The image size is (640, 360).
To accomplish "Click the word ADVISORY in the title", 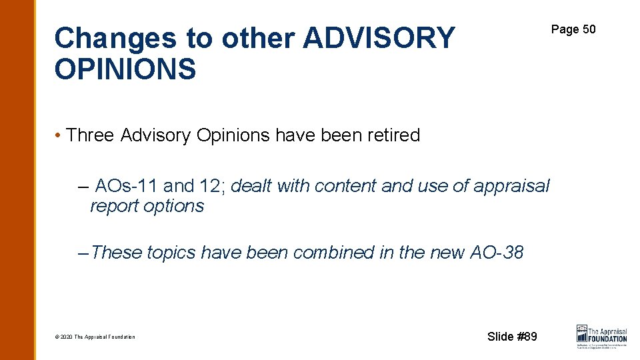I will click(x=378, y=39).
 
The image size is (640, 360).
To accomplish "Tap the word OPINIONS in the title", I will click(x=125, y=69).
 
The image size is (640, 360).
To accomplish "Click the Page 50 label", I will click(x=573, y=29).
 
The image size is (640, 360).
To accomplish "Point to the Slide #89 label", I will click(x=511, y=337).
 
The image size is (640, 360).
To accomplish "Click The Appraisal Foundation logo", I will click(x=601, y=336).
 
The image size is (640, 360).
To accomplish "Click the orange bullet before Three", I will click(x=59, y=135).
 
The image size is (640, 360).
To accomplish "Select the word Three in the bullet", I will click(x=91, y=135).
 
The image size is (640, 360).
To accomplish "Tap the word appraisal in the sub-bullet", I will click(x=511, y=185).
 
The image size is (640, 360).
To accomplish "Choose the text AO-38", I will click(x=497, y=253).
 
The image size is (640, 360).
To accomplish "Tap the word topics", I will click(x=171, y=253).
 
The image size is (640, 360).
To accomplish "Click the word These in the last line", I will click(x=117, y=253).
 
